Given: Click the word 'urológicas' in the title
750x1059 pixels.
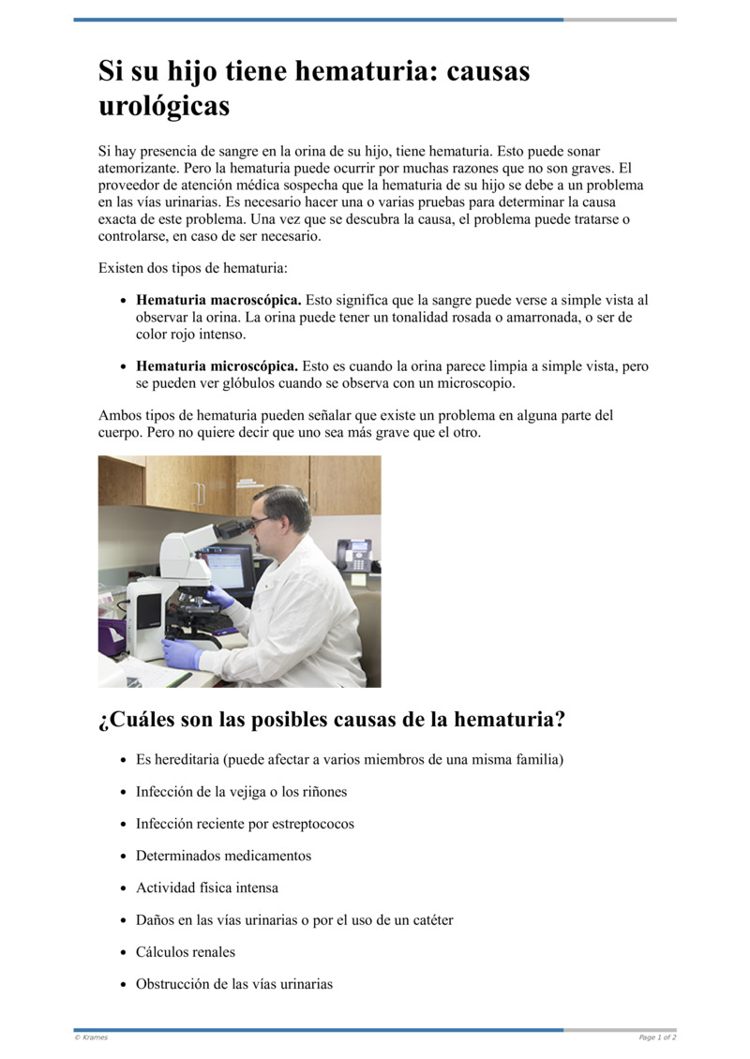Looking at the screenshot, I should coord(164,106).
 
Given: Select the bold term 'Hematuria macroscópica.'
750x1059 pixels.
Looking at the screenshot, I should coord(218,301).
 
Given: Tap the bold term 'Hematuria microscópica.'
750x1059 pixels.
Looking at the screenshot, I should coord(217,366).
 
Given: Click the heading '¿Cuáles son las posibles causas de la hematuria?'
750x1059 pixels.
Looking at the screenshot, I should coord(332,721).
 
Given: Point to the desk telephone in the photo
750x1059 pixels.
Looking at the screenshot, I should coord(353,555).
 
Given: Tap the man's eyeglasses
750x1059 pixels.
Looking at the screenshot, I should coord(262,518).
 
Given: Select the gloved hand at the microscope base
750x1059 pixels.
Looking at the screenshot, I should coord(181,652).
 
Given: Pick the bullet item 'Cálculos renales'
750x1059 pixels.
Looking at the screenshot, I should coord(186,952).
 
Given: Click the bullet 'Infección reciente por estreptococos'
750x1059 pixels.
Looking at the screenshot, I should coord(245,825).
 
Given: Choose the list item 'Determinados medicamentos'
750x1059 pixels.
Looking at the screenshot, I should coord(223,857).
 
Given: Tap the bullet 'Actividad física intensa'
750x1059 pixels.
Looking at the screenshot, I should coord(207,888).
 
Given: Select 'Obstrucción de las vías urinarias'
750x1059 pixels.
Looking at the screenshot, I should coord(234,985).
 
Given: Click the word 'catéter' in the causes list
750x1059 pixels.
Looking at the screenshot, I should coord(430,920).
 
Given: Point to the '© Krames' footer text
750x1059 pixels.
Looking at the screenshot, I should coord(91,1037).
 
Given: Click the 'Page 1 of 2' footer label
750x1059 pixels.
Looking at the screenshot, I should coord(657,1037).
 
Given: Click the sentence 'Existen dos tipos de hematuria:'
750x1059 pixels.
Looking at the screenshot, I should coord(193,269).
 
